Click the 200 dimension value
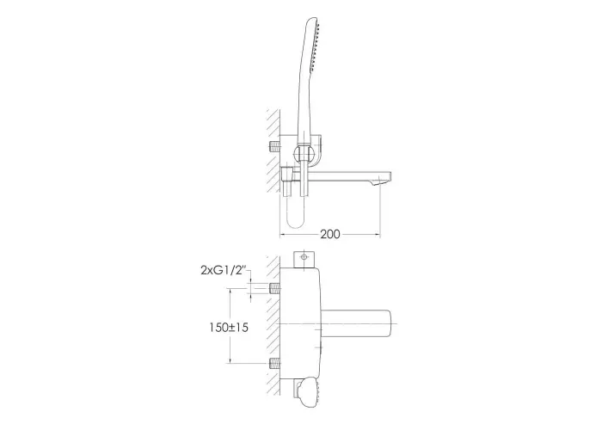(329, 234)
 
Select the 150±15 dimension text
(229, 328)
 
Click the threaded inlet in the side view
(274, 146)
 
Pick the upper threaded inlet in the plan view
(274, 287)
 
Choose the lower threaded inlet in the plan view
(274, 363)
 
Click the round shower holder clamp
(304, 155)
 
